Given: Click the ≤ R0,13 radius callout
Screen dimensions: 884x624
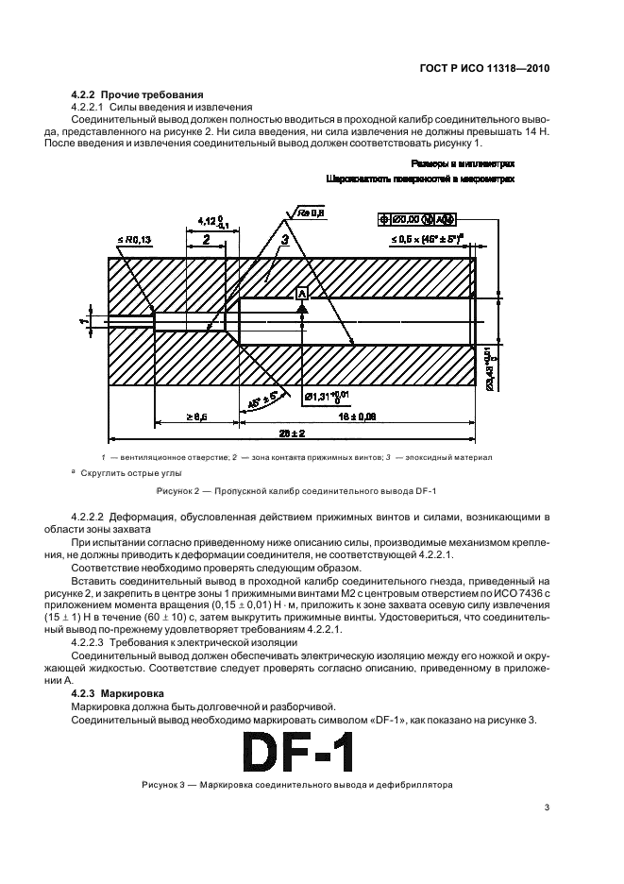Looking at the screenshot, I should [x=134, y=241].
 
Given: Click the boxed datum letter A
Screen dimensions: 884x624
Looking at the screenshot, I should [x=303, y=294].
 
